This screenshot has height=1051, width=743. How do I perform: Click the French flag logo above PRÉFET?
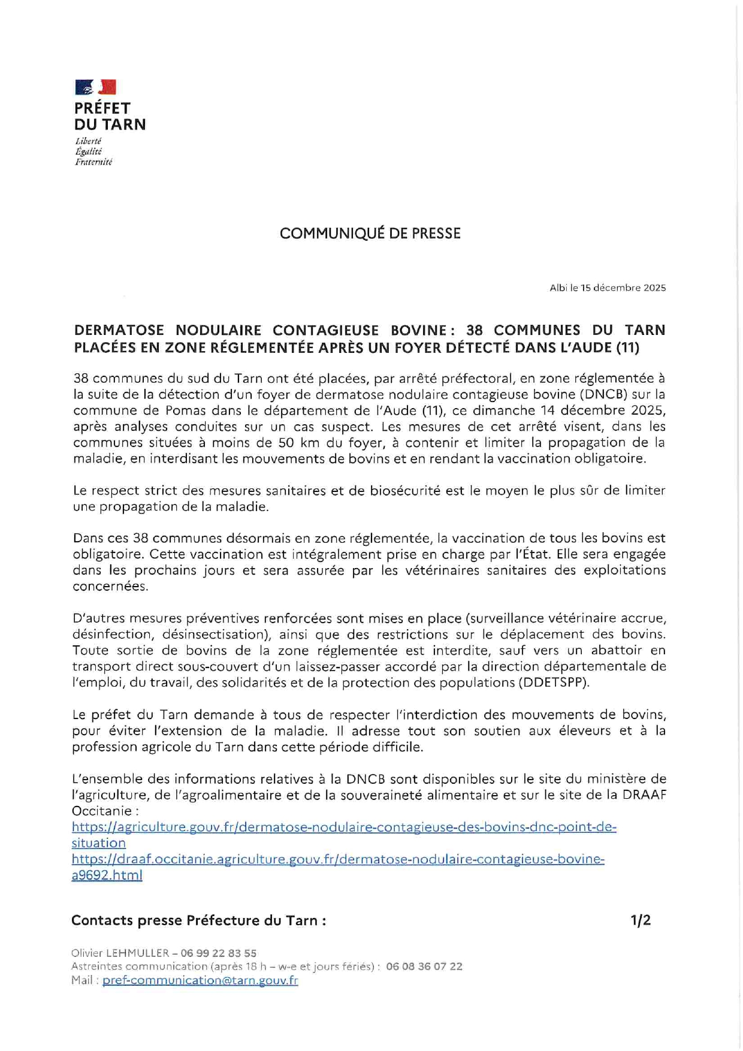coord(95,87)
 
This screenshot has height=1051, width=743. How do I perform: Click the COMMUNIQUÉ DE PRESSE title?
coord(370,234)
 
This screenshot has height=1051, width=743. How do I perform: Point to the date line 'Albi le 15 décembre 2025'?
coord(607,288)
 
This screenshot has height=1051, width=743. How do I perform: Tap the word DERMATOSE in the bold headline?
coord(118,331)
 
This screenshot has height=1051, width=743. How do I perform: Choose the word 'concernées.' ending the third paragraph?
coord(110,587)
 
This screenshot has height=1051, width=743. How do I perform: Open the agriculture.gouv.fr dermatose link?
coord(343,827)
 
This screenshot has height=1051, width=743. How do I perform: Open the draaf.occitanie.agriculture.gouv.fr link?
coord(337,860)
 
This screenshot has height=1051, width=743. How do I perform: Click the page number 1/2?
coord(640,920)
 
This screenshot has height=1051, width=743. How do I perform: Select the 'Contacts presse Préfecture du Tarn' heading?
coord(198,920)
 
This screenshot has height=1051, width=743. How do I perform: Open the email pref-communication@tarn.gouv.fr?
coord(200,980)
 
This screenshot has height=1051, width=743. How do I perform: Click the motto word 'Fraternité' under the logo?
coord(93,162)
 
